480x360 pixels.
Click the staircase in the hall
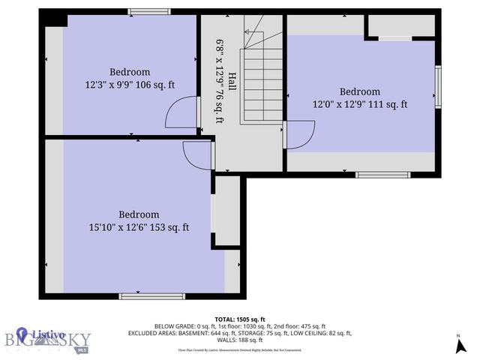click(x=261, y=82)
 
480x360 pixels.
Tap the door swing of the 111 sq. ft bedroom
click(x=298, y=136)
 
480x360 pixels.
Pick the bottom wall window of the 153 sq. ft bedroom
click(x=142, y=295)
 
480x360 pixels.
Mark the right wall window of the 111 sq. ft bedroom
click(x=438, y=87)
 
